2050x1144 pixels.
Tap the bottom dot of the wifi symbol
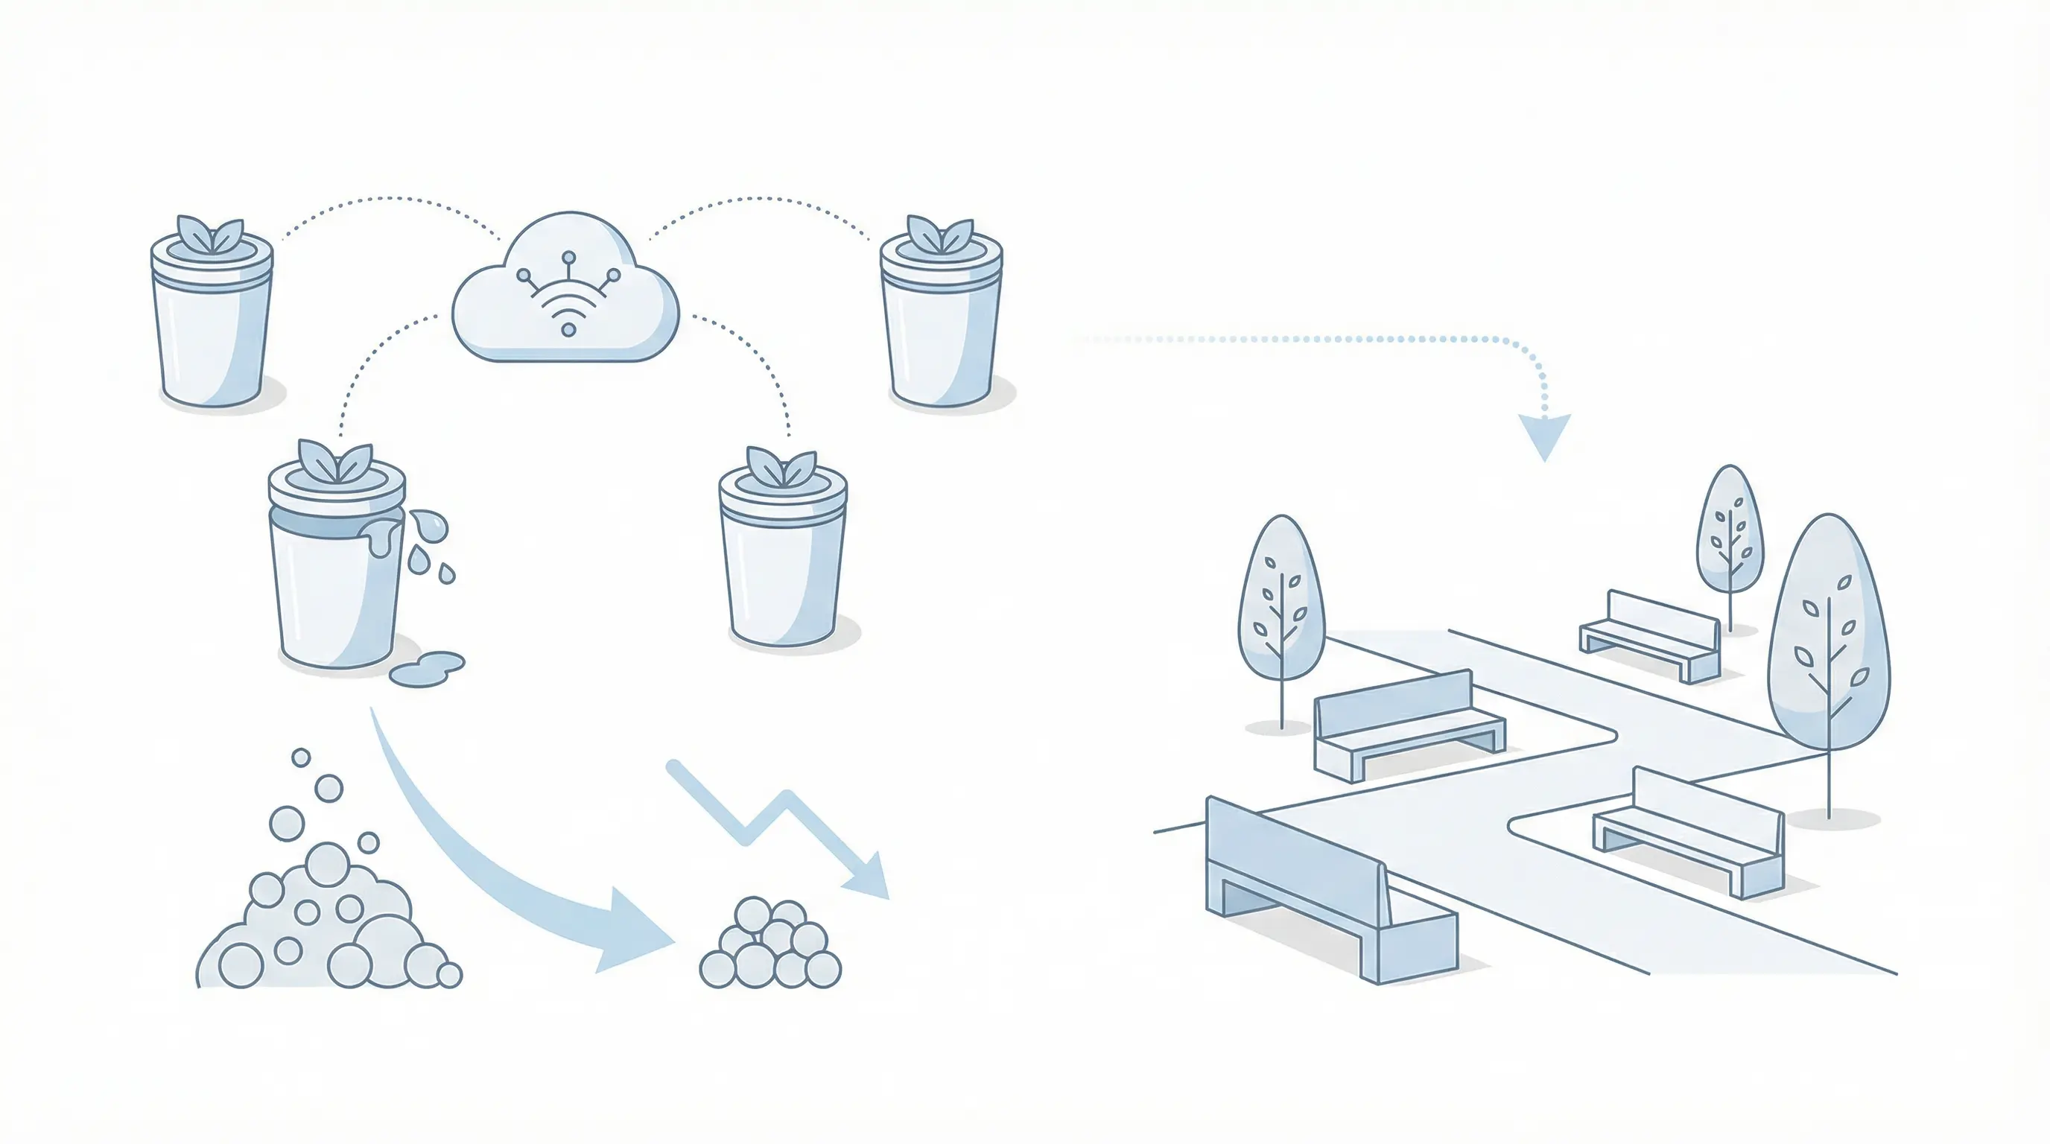[568, 329]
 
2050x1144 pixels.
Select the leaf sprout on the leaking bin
[335, 460]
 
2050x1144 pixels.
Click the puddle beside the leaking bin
[428, 668]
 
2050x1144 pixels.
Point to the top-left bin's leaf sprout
[210, 235]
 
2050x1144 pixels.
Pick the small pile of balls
[769, 947]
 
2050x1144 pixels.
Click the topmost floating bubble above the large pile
[301, 757]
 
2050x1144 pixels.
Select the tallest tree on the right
[1829, 637]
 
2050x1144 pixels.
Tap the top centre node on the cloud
[568, 258]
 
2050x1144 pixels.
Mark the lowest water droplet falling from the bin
[447, 573]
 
